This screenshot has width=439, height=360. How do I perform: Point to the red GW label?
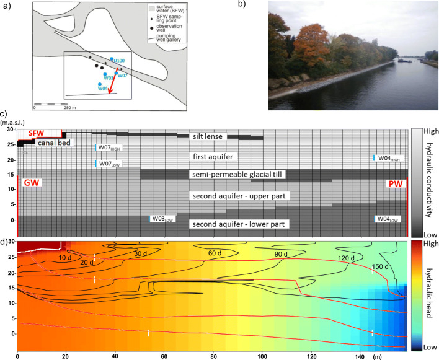point(30,183)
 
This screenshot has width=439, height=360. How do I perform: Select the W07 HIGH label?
point(112,147)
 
